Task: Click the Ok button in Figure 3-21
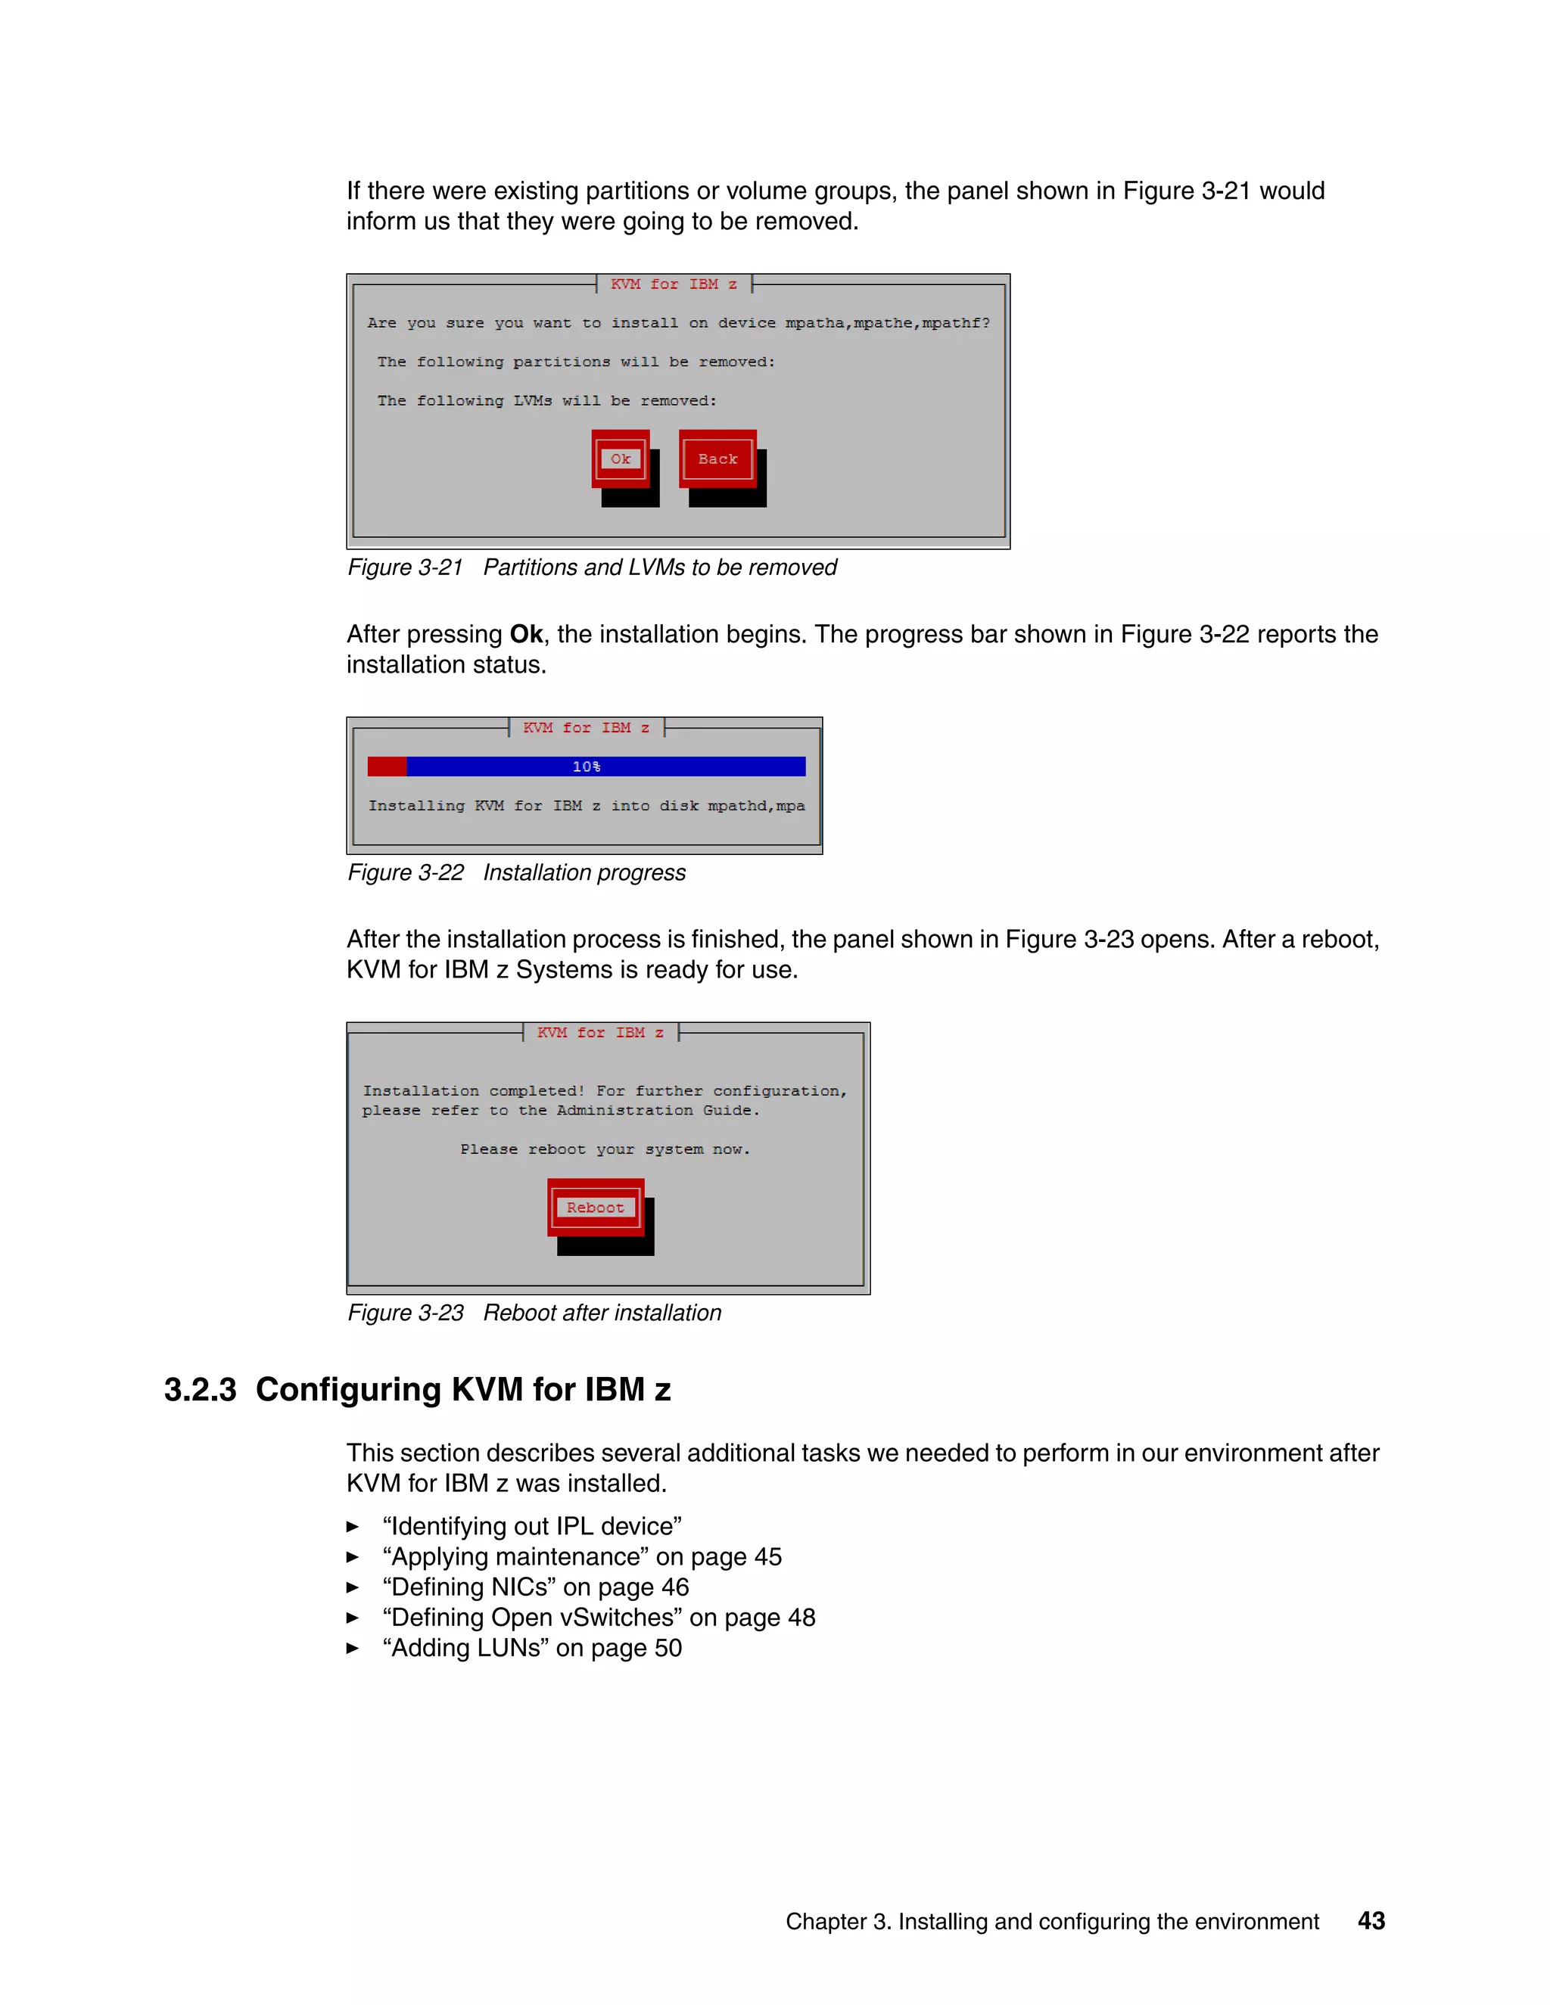(621, 459)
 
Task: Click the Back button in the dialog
(717, 459)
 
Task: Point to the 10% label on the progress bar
(586, 766)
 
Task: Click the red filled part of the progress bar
(387, 766)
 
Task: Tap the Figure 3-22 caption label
(405, 872)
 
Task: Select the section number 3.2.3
(200, 1390)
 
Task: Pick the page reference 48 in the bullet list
(801, 1618)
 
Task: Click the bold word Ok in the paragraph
(526, 634)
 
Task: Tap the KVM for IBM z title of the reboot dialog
(600, 1033)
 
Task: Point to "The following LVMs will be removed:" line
(546, 401)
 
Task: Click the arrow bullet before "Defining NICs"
(353, 1587)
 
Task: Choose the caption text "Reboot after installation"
(602, 1313)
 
